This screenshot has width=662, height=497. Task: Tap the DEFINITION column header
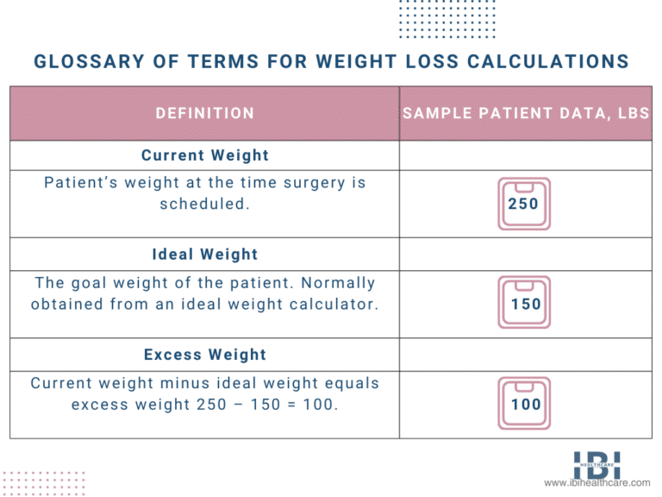coord(205,113)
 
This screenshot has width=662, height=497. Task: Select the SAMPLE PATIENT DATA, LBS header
coord(526,113)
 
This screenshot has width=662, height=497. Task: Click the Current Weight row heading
coord(205,155)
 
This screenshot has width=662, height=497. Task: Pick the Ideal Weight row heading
coord(205,255)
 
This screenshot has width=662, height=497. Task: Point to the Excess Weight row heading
coord(205,355)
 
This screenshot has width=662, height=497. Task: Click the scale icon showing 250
coord(524,204)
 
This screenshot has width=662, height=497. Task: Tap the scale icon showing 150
coord(524,304)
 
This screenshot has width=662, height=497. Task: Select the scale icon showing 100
coord(524,404)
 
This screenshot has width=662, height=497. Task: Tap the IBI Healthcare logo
coord(596,465)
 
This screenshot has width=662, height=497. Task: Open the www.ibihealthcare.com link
coord(597,484)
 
